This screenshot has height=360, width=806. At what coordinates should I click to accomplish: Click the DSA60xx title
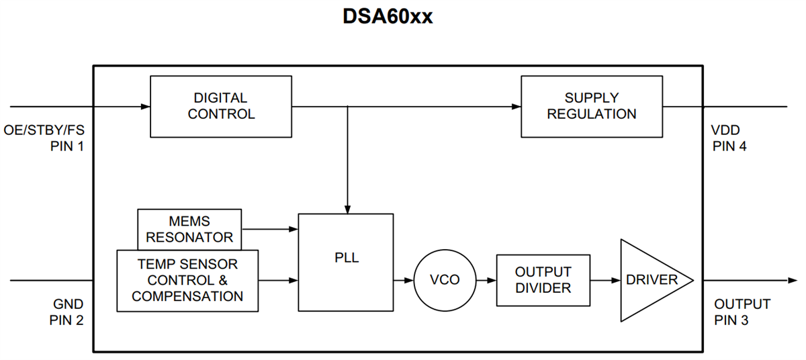pyautogui.click(x=388, y=17)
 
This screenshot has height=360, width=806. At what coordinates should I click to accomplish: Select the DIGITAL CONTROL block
pyautogui.click(x=220, y=106)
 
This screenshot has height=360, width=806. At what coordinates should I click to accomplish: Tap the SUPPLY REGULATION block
pyautogui.click(x=592, y=106)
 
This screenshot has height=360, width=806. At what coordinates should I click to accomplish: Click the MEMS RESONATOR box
pyautogui.click(x=189, y=229)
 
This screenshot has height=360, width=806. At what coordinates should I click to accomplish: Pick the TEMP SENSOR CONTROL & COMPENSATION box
pyautogui.click(x=187, y=280)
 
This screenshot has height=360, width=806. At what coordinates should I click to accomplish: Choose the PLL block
pyautogui.click(x=346, y=262)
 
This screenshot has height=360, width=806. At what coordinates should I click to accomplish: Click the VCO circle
pyautogui.click(x=444, y=279)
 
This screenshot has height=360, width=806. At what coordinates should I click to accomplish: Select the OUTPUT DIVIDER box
pyautogui.click(x=543, y=279)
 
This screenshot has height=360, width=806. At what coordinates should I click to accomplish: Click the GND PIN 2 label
pyautogui.click(x=66, y=312)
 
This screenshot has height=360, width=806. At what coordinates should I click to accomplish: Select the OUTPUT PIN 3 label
pyautogui.click(x=742, y=312)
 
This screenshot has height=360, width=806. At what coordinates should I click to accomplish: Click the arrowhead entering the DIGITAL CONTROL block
pyautogui.click(x=145, y=106)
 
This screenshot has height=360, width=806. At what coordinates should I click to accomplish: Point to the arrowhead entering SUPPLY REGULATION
pyautogui.click(x=517, y=106)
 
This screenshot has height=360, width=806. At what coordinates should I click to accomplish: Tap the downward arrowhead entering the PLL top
pyautogui.click(x=347, y=209)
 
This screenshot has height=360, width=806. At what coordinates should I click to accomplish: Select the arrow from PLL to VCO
pyautogui.click(x=403, y=279)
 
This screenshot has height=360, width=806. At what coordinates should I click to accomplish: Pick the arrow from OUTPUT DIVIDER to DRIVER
pyautogui.click(x=604, y=279)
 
